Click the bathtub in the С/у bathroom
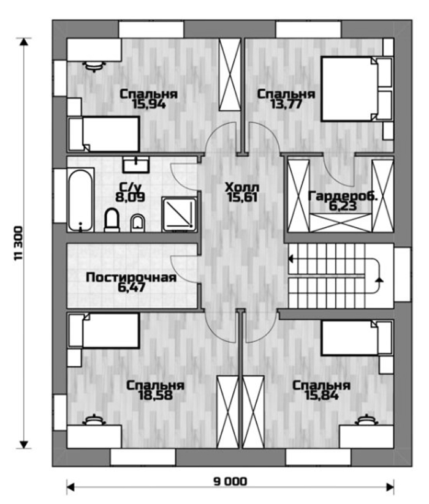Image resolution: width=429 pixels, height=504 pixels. point(80,200)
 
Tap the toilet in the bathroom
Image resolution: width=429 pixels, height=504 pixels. point(112,220)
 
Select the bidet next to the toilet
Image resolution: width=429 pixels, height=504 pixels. point(138,223)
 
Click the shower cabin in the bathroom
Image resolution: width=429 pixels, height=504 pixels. point(179,214)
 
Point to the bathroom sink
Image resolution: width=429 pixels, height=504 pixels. point(135,165)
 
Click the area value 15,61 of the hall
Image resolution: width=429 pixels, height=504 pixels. point(242,198)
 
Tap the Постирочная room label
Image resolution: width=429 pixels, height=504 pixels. point(131,277)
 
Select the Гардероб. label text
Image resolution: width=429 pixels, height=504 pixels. point(343,196)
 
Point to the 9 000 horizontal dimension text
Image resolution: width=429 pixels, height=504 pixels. point(230,481)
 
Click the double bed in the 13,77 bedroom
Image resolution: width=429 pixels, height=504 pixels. point(357,89)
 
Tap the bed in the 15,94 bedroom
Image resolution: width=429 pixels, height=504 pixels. point(104,134)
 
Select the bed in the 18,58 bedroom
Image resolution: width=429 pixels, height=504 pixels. point(104,331)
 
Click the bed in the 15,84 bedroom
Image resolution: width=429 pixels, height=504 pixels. point(357,338)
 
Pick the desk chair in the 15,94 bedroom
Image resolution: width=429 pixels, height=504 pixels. point(94,66)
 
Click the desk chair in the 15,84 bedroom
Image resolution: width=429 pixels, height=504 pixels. point(366,419)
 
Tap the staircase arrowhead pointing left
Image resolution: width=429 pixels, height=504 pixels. point(290,258)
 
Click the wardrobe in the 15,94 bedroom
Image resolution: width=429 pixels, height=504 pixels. point(230,75)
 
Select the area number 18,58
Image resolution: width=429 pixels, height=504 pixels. point(155,396)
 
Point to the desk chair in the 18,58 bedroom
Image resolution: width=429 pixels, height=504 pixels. point(94,419)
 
